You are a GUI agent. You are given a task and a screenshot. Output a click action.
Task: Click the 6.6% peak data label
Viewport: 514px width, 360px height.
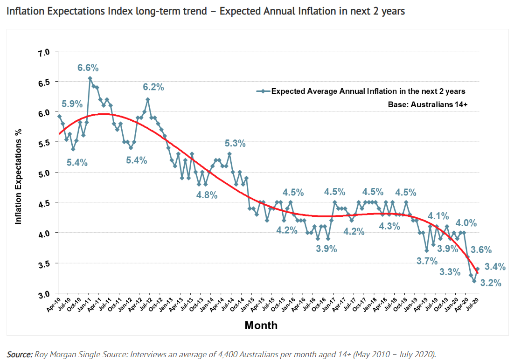point(88,68)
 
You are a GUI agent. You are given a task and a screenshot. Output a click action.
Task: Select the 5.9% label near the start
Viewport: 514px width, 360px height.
point(72,104)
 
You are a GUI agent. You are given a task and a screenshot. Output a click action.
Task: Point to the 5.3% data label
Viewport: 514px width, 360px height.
point(235,144)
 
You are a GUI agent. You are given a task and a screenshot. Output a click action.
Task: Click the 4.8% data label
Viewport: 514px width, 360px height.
point(207,195)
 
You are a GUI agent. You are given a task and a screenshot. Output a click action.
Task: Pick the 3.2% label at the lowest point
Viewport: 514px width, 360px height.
point(491,283)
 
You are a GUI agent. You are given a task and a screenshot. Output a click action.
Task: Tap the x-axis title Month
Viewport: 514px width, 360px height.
point(261,325)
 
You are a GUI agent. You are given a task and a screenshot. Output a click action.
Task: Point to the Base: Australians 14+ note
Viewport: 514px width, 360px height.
point(428,105)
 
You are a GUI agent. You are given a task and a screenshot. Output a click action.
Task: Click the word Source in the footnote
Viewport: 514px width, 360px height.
point(19,354)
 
